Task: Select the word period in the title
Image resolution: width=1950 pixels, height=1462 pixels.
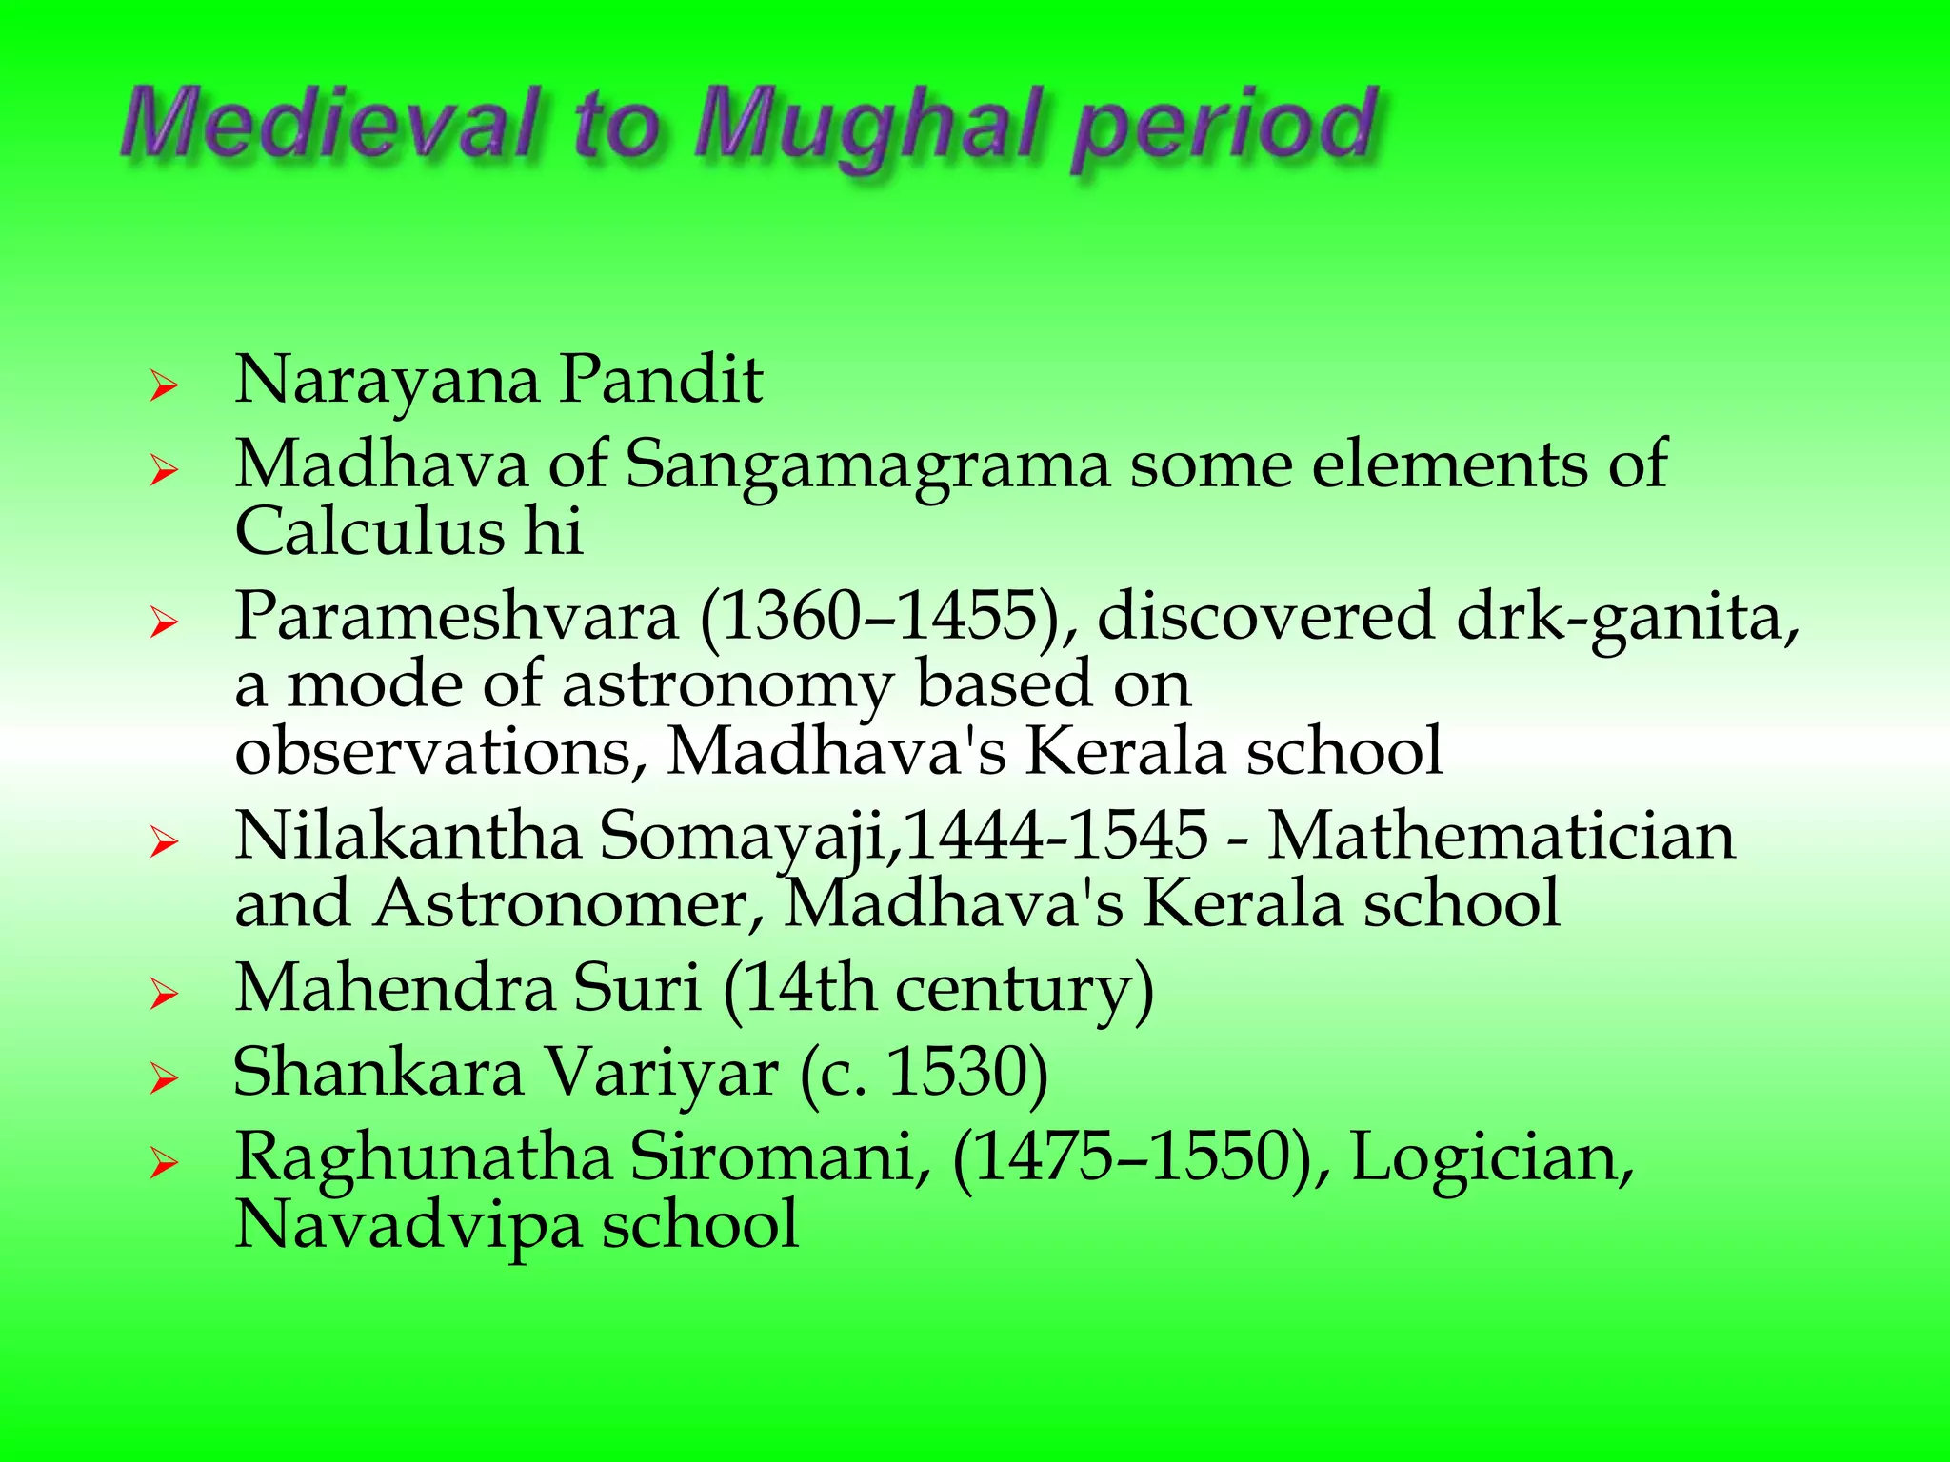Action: click(x=1224, y=128)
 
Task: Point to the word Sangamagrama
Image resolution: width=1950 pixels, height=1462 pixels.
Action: click(x=867, y=466)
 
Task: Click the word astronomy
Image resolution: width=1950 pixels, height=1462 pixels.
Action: click(x=727, y=685)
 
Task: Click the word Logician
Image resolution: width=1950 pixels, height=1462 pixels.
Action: click(x=1491, y=1158)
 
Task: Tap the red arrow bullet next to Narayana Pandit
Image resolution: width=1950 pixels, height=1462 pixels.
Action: click(x=164, y=387)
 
